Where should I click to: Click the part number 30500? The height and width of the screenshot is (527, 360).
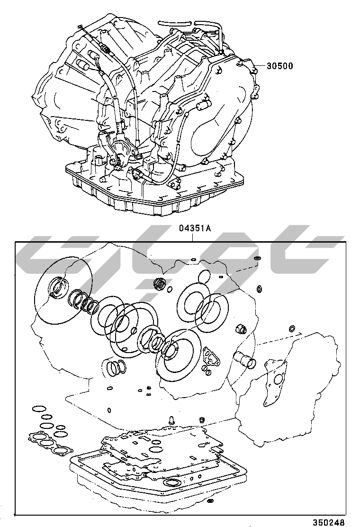point(280,65)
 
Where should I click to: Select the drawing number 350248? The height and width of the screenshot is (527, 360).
point(329,522)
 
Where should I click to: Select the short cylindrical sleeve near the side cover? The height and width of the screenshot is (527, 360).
point(244,359)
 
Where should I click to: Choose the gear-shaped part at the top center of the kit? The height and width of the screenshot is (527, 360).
point(159,283)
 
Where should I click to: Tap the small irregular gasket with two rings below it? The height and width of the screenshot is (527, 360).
point(211,357)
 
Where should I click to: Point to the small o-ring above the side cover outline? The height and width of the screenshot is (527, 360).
point(292,328)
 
